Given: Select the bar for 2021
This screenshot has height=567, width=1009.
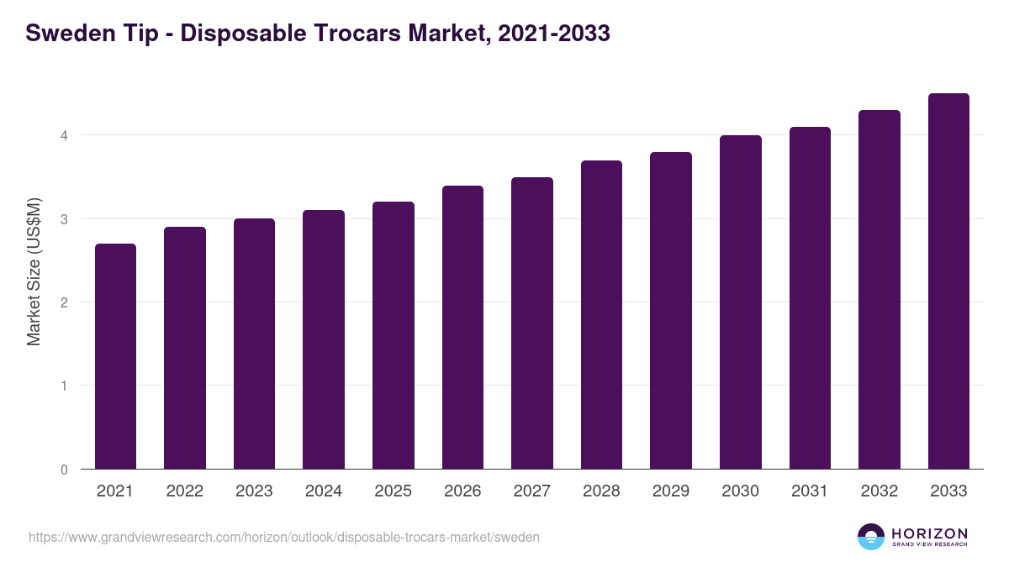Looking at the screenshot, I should (115, 356).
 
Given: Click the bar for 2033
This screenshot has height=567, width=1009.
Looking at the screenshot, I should (948, 281).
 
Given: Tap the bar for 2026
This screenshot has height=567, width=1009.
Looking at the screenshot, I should (462, 328).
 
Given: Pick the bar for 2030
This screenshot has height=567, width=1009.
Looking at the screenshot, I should (741, 302).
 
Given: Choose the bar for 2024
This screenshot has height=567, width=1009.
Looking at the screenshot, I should (324, 339).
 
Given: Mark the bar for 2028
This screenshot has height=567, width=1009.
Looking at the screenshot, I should (601, 315).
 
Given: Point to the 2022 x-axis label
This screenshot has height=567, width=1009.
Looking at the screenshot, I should (185, 491).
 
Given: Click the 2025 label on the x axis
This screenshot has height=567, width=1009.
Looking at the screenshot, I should (394, 491).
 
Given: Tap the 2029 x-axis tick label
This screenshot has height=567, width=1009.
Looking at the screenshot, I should (671, 491).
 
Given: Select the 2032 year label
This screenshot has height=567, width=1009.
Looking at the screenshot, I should (880, 491).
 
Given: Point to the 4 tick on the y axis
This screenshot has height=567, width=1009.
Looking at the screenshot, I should (64, 135).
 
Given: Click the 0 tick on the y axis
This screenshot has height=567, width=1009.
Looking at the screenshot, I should (64, 470).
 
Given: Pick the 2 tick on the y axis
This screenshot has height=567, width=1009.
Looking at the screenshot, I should (64, 302).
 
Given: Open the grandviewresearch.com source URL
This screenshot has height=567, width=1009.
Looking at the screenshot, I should (284, 537).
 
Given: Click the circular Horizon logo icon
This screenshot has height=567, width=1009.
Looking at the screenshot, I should (871, 537).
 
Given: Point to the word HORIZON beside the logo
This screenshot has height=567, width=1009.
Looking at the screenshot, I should (929, 533).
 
